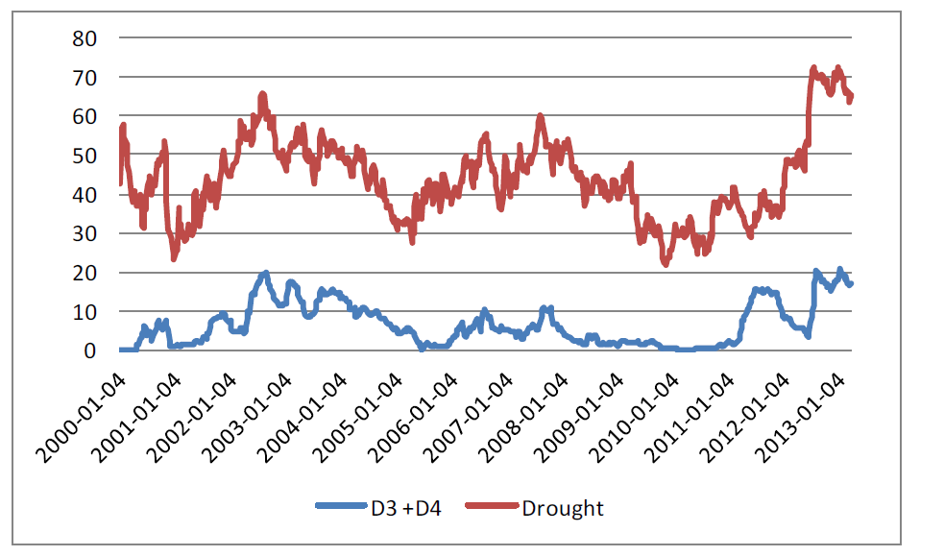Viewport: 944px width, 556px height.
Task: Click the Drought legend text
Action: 563,508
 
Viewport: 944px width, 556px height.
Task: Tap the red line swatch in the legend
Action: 491,508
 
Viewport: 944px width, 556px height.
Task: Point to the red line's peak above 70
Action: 813,68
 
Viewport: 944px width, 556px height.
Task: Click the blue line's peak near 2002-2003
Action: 265,273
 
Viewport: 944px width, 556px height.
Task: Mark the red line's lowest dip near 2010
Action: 666,263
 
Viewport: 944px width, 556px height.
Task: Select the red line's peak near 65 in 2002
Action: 262,94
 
